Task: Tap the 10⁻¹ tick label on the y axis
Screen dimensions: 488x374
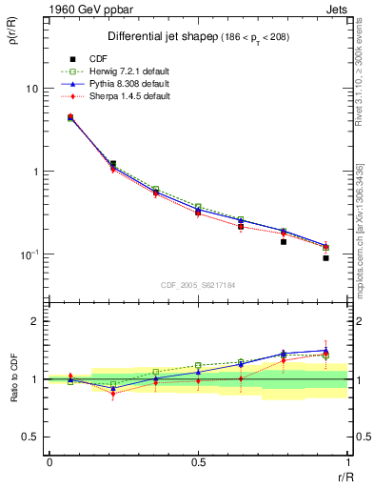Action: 29,255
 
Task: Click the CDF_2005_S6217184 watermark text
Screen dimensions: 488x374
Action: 198,283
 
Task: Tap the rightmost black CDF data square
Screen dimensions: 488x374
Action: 325,258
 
